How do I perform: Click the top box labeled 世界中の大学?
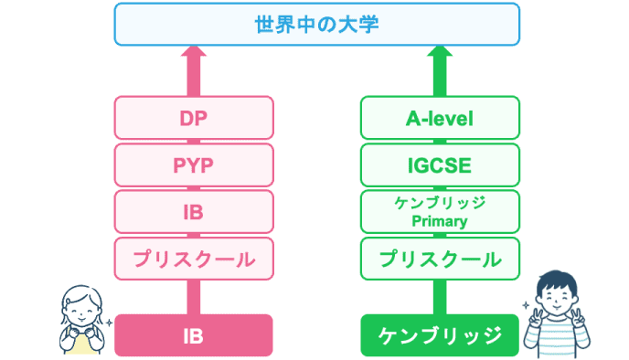click(314, 25)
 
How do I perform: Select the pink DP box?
click(194, 118)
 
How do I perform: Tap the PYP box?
click(194, 165)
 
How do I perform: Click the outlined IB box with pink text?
click(194, 212)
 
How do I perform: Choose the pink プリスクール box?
click(194, 259)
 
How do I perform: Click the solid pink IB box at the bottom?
click(194, 334)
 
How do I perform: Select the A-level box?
click(440, 118)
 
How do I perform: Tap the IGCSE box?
click(440, 165)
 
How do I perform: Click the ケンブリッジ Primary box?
click(440, 212)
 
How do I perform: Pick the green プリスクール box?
click(440, 259)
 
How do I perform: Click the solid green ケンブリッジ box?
click(440, 334)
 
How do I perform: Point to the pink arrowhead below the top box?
click(194, 56)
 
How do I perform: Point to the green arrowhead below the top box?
click(440, 56)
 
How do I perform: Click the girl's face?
click(80, 308)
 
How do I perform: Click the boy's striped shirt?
click(556, 344)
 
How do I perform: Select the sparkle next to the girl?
click(110, 323)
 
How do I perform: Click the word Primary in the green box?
click(440, 221)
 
